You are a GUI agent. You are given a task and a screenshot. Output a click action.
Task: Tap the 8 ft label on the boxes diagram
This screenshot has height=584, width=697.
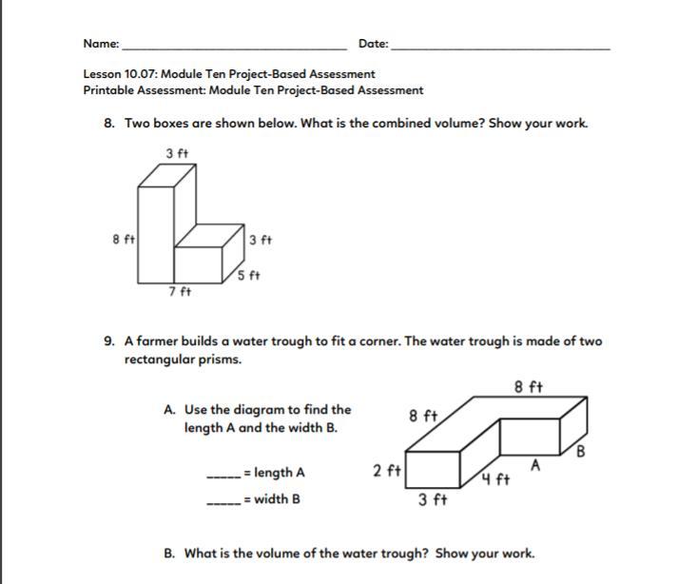(x=122, y=240)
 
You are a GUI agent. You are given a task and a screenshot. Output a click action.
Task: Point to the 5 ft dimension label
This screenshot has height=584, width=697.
(x=248, y=275)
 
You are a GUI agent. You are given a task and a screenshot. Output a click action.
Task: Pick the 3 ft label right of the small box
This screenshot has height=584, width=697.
(x=260, y=240)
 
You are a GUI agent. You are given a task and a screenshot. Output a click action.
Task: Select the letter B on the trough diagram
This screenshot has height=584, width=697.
(x=583, y=451)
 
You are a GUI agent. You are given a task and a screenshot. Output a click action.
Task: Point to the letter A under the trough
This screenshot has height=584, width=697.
(x=536, y=465)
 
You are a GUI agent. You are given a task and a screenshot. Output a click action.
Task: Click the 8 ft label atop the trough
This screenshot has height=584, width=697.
(x=528, y=387)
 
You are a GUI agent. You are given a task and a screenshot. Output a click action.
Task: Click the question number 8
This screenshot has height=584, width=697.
(x=110, y=124)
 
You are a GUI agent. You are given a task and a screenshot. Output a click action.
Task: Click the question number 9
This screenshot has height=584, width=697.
(x=110, y=341)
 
